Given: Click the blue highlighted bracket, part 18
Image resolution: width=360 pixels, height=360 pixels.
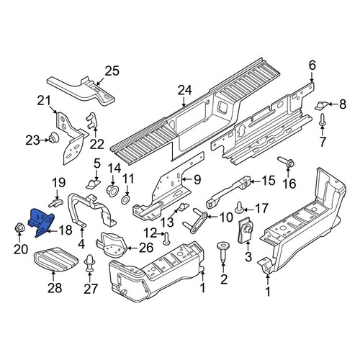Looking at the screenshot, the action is [x=41, y=220].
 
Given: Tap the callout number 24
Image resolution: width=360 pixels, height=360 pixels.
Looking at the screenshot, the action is [x=185, y=91].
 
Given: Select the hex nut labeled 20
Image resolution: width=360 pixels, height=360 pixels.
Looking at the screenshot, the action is [x=19, y=228].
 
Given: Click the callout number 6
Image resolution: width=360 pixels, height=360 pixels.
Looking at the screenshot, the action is [x=312, y=66].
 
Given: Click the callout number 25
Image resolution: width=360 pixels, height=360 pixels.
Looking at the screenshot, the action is [x=112, y=71].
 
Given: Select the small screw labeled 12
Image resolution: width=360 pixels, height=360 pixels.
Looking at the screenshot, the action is [x=166, y=239].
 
